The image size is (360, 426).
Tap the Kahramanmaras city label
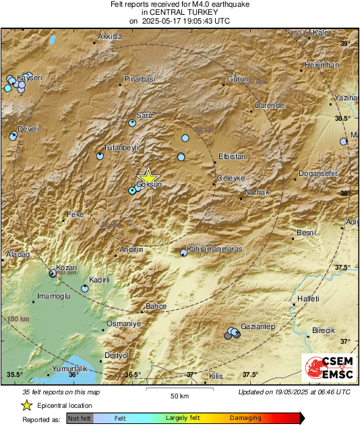pos(214,249)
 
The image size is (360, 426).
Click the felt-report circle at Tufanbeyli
pos(100,156)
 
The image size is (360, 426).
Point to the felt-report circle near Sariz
pos(133,123)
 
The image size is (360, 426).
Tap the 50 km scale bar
pos(179,390)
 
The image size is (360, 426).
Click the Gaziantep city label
pos(258,326)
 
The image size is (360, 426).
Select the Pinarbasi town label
pos(140,79)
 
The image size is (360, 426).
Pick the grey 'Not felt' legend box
pos(80,418)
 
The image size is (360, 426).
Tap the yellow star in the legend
pos(26,406)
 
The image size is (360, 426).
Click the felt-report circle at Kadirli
pos(85,288)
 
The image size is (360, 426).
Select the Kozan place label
pos(67,268)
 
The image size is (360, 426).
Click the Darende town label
pos(270,106)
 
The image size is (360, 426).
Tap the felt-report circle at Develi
pos(13,136)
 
